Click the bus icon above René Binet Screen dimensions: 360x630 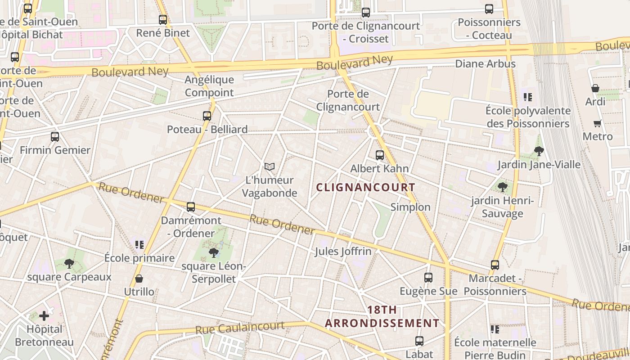(x=163, y=20)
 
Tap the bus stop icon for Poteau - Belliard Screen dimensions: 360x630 (x=207, y=116)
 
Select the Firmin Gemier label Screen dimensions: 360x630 (x=55, y=150)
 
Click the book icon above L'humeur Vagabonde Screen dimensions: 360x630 (x=270, y=167)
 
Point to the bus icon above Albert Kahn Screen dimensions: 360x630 (x=380, y=155)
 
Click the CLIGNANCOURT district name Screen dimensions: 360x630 (x=365, y=187)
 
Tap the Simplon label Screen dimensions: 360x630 (x=410, y=207)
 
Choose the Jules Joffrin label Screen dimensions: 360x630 (x=343, y=251)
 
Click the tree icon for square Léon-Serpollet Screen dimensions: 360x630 (x=214, y=253)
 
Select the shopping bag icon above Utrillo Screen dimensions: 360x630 (x=139, y=279)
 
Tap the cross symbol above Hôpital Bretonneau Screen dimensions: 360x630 (x=44, y=316)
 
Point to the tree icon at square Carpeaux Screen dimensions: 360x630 (x=69, y=264)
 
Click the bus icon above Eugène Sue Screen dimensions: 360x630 (x=428, y=278)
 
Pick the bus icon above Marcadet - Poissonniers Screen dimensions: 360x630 (x=495, y=265)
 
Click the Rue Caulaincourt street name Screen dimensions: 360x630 (x=240, y=328)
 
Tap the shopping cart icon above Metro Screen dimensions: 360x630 (x=598, y=123)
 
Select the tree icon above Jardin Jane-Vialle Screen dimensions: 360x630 (x=539, y=151)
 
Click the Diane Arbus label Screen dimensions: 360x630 (x=486, y=64)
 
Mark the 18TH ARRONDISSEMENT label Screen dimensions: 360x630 (x=382, y=316)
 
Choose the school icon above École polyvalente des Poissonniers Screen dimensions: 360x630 (x=528, y=97)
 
